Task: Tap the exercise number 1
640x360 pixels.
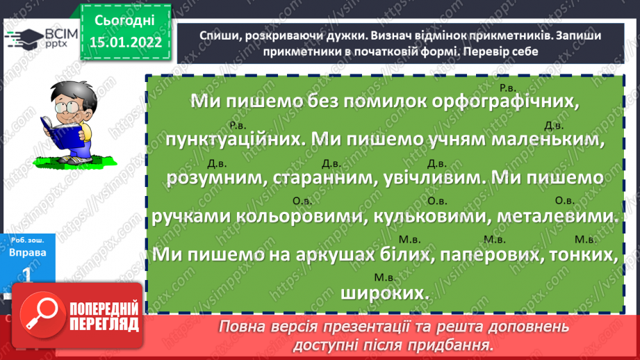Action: (x=28, y=275)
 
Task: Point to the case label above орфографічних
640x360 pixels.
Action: (x=507, y=88)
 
